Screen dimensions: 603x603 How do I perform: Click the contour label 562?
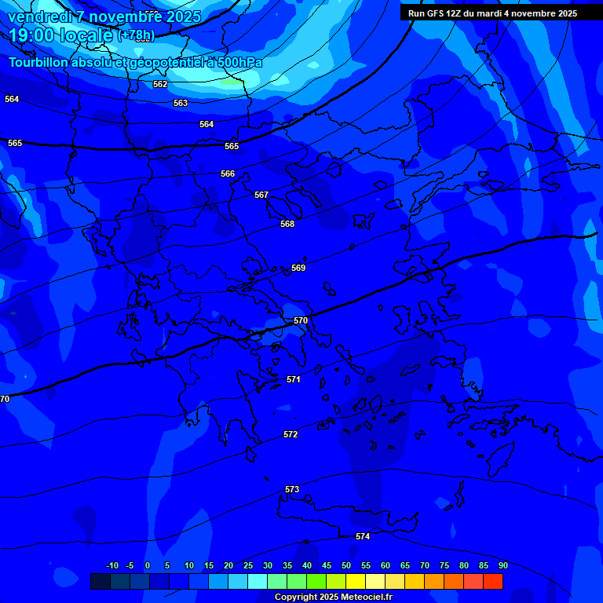point(160,84)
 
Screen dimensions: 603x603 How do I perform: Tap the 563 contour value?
point(181,103)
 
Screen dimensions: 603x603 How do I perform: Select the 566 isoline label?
point(228,174)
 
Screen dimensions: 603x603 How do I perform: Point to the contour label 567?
point(261,195)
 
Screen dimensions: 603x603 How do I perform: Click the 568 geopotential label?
point(287,224)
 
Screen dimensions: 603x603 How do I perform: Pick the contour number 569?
point(298,268)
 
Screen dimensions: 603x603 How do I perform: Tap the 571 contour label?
point(294,379)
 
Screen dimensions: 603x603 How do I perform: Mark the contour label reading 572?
point(291,434)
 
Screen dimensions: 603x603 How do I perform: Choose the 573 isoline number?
point(292,489)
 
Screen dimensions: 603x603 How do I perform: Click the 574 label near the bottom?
point(363,536)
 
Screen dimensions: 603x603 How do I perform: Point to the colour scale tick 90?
point(502,565)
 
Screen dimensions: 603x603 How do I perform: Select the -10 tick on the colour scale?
point(112,565)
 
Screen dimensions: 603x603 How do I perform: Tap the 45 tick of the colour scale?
point(326,565)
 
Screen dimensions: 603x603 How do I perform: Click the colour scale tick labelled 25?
point(247,565)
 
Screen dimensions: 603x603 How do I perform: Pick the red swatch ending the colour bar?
point(492,581)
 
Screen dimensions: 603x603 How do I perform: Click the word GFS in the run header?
point(437,13)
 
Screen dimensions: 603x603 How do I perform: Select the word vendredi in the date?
point(39,16)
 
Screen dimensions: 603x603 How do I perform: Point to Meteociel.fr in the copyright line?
point(364,597)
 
